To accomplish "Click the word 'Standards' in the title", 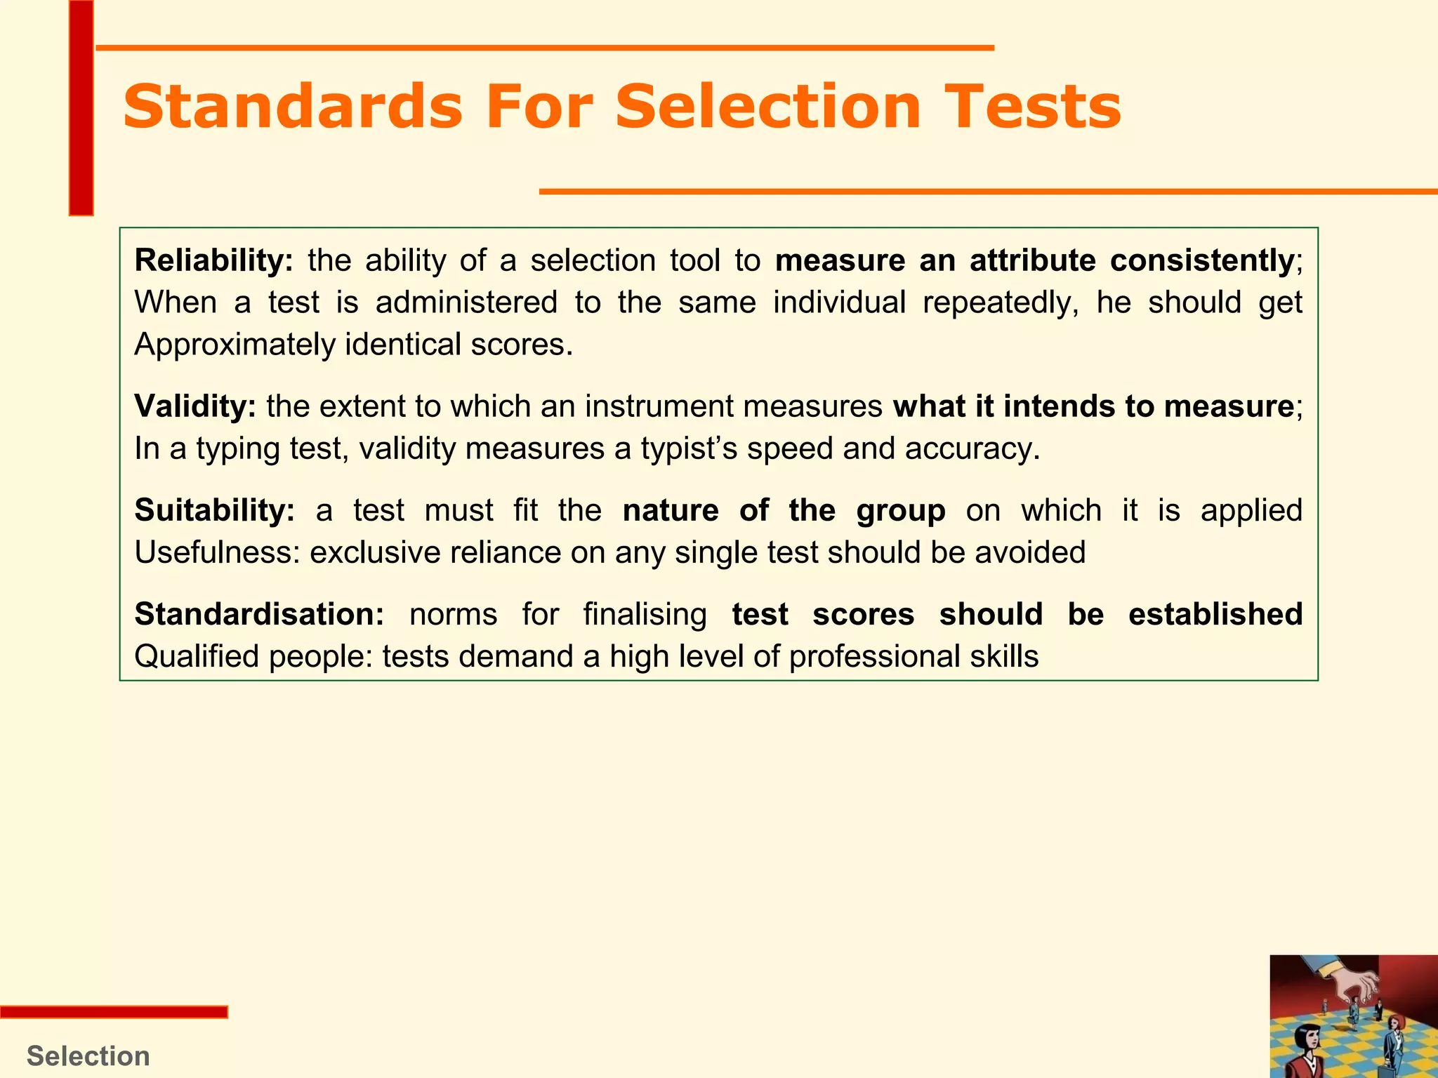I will click(292, 107).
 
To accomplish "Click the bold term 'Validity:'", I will click(195, 406).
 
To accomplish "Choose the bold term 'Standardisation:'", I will click(259, 614).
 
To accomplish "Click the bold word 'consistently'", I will click(1202, 260).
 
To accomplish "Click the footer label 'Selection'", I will click(88, 1056).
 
